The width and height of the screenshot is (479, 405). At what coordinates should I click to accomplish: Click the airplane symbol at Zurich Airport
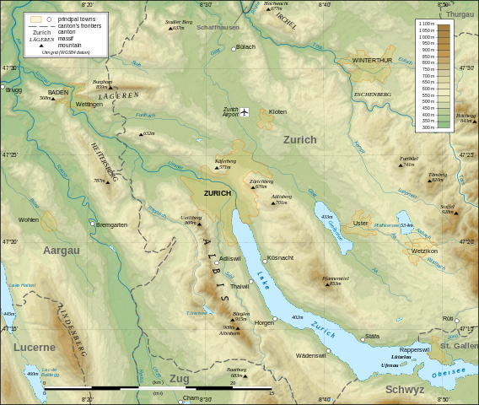(245, 112)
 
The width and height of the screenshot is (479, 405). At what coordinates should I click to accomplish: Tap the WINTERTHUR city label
(372, 61)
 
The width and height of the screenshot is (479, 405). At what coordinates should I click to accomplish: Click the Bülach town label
(245, 47)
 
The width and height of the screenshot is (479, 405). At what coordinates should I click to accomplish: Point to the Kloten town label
(277, 112)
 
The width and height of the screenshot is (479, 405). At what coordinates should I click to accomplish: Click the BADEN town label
(58, 91)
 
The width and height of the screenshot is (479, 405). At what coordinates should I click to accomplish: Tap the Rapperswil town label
(414, 349)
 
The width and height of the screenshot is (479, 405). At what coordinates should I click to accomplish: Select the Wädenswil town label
(310, 355)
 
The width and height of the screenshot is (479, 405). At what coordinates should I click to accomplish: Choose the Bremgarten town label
(111, 224)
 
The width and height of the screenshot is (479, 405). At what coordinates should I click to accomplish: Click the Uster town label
(360, 224)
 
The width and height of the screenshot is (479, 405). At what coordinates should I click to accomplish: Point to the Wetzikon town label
(424, 251)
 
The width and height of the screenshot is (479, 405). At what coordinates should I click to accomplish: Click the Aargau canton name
(62, 251)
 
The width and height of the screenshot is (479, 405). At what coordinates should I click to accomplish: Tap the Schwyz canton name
(405, 389)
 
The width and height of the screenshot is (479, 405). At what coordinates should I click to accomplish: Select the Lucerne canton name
(34, 347)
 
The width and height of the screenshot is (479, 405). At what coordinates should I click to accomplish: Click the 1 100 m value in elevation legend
(426, 24)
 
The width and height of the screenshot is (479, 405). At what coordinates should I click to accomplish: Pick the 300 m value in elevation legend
(428, 127)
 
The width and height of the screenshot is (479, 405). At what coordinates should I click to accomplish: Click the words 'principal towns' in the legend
(76, 19)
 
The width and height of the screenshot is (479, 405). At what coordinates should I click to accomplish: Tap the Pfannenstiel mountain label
(335, 278)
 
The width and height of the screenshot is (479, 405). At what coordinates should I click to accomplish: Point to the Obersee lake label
(448, 372)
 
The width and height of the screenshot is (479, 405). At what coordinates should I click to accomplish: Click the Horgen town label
(264, 323)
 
